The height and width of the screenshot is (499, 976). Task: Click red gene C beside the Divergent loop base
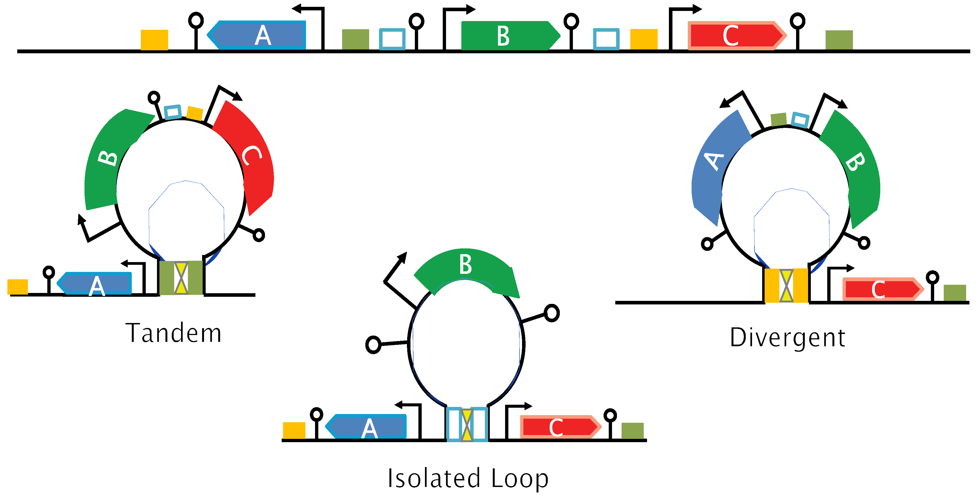point(881,290)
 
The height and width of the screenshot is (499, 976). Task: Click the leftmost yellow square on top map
point(154,40)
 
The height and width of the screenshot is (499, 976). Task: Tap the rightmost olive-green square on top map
point(839,40)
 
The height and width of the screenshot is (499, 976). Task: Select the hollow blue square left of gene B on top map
point(392,39)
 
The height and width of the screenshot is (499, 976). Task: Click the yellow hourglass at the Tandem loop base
point(181,278)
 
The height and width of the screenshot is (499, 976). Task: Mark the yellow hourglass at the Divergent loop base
point(786,286)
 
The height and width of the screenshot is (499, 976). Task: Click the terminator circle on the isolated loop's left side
point(373,345)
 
